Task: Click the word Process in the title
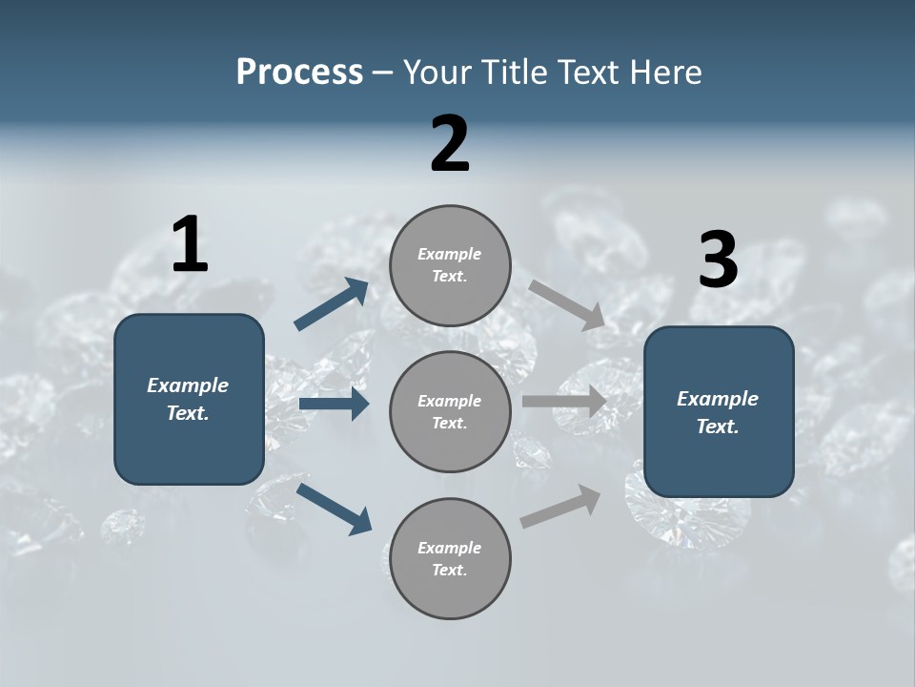(299, 72)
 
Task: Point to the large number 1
(190, 245)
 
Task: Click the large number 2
(450, 144)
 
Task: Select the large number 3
(718, 260)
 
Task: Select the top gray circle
(450, 265)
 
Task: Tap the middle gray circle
(450, 411)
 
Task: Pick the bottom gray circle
(450, 558)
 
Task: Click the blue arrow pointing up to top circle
(332, 305)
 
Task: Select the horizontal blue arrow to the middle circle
(334, 404)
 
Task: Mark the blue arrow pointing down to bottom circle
(334, 509)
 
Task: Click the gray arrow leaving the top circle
(567, 305)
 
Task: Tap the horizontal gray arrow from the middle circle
(564, 402)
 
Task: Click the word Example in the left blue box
(188, 385)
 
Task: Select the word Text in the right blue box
(717, 427)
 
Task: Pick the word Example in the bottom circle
(450, 548)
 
